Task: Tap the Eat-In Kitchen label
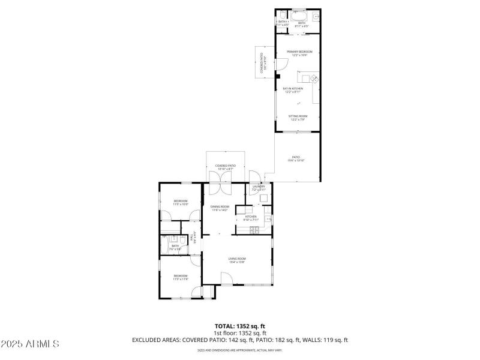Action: click(293, 90)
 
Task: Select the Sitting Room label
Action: click(298, 118)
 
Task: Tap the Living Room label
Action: click(237, 260)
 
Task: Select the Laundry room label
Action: click(259, 188)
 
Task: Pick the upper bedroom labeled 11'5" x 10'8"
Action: click(181, 202)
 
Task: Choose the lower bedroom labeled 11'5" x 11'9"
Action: click(181, 277)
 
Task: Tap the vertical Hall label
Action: click(193, 237)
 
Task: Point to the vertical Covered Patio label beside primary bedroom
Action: click(262, 62)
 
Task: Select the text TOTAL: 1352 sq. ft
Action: click(239, 326)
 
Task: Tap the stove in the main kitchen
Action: click(268, 218)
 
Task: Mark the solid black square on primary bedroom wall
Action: click(277, 76)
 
